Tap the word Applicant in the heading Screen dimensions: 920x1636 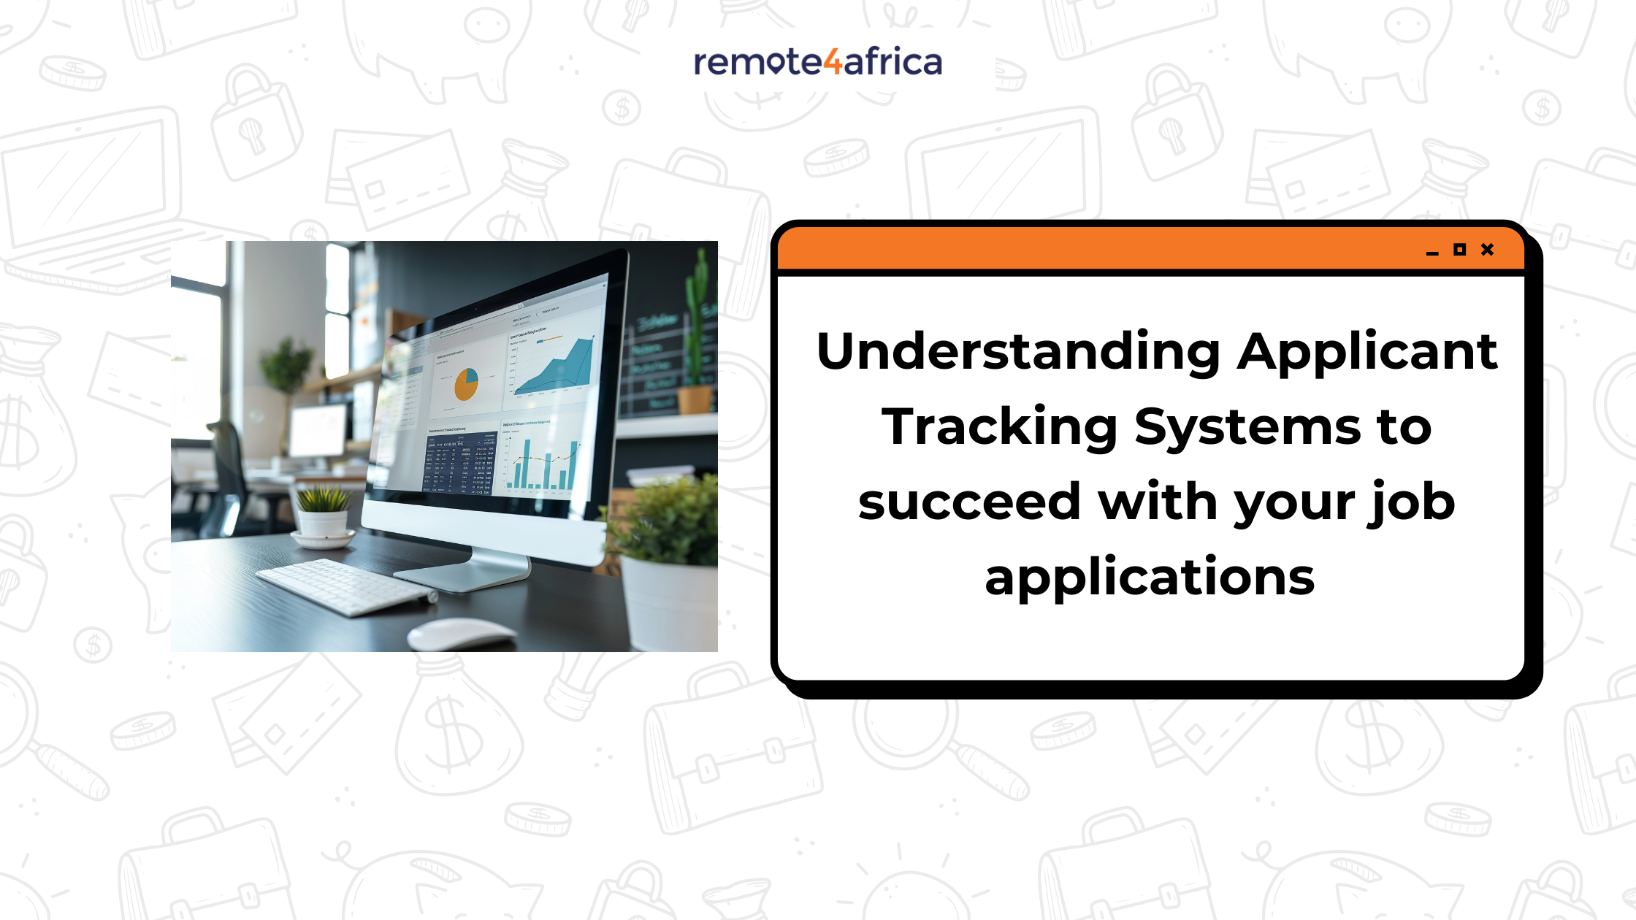(x=1367, y=352)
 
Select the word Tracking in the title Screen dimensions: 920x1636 (x=999, y=427)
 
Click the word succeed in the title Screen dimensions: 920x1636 (x=968, y=502)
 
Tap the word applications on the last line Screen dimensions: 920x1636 (x=1150, y=577)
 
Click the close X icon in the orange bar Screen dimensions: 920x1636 (x=1487, y=250)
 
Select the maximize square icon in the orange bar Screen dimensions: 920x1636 (x=1459, y=250)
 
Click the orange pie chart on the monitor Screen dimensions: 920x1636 (x=466, y=384)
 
